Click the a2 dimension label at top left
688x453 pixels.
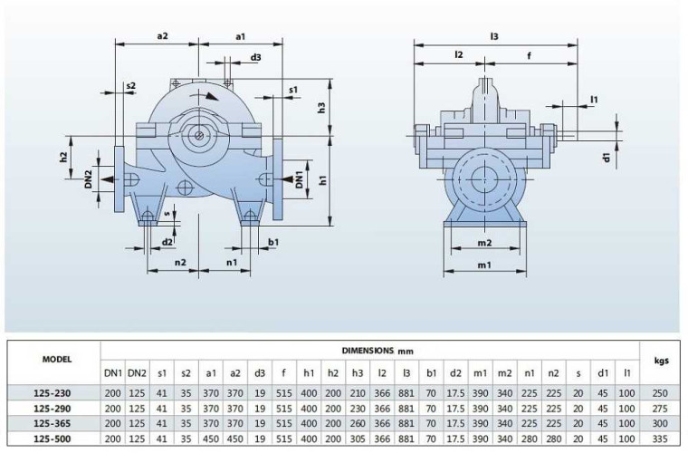(x=163, y=36)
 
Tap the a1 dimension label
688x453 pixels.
(x=241, y=36)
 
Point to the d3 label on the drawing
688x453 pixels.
(x=256, y=57)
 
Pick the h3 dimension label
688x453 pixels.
(x=322, y=108)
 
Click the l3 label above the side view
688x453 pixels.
(x=494, y=36)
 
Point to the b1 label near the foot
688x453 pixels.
(x=272, y=241)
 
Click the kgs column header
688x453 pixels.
(x=661, y=359)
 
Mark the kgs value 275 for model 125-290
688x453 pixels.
(x=661, y=409)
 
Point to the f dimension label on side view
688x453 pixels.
(x=530, y=56)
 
